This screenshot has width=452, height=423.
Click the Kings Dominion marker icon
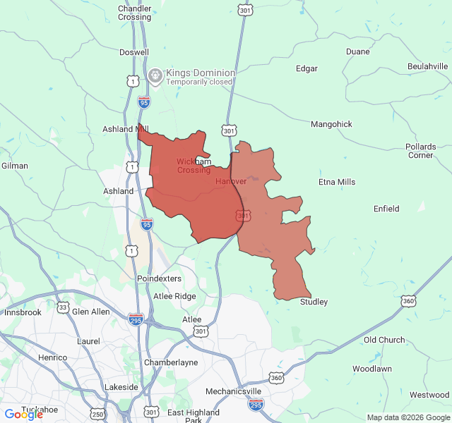[155, 75]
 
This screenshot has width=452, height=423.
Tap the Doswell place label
[134, 52]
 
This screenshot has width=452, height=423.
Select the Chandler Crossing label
[134, 13]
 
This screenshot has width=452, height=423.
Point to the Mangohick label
[331, 124]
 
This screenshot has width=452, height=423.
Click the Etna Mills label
[337, 182]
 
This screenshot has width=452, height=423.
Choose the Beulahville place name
[428, 66]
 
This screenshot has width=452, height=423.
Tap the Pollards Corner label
[421, 151]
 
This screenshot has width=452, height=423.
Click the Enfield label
[386, 209]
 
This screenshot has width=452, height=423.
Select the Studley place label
[314, 302]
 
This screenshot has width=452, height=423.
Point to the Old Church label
[384, 340]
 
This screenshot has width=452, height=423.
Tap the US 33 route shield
[63, 307]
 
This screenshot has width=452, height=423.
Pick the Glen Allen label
[91, 312]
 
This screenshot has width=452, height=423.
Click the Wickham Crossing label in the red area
[194, 166]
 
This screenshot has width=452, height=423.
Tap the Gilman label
[15, 166]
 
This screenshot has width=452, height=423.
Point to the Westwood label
[429, 395]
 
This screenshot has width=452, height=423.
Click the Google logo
[24, 415]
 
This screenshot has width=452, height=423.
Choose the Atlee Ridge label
[176, 296]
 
